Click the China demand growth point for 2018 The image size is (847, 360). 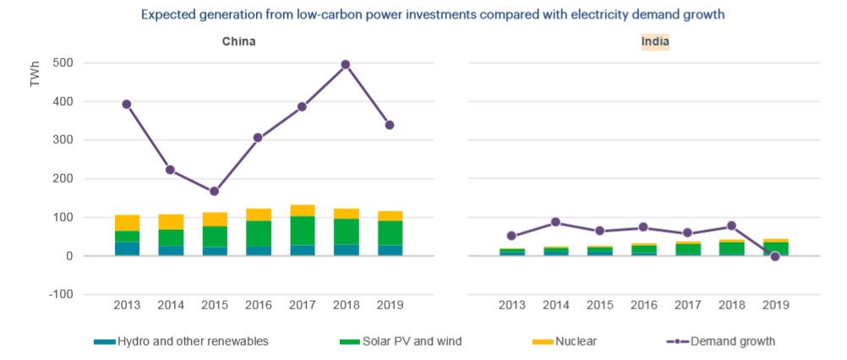(345, 64)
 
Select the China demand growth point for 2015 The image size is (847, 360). (214, 191)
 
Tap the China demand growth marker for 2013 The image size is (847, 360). (127, 104)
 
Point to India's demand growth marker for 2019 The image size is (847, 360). (774, 256)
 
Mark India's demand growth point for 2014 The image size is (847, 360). (555, 222)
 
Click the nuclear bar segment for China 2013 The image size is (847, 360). (127, 222)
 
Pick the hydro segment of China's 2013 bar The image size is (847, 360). (127, 248)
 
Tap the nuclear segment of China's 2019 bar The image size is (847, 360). (389, 215)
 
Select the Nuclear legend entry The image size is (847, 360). (575, 341)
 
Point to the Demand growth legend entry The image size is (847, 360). (732, 341)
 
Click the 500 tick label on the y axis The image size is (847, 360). (63, 63)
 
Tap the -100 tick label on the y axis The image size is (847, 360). (59, 294)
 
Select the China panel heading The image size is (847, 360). (239, 41)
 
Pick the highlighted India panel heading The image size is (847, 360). (655, 41)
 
